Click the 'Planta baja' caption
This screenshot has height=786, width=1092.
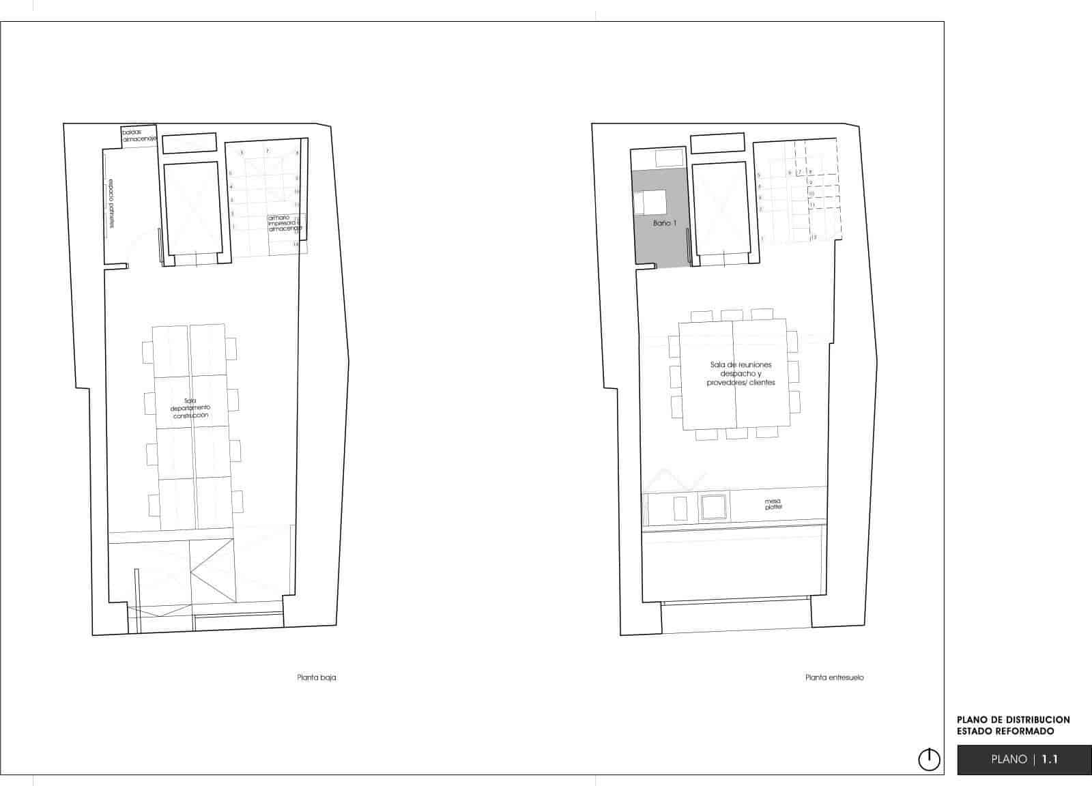coord(317,678)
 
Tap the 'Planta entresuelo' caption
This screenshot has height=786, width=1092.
coord(835,678)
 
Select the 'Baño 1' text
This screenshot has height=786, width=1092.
coord(665,223)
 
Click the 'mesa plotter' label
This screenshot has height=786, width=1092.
coord(773,504)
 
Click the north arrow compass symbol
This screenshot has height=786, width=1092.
coord(929,759)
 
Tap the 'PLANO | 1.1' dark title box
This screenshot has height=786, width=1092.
coord(1024,759)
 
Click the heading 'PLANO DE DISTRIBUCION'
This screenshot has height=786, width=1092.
coord(1014,720)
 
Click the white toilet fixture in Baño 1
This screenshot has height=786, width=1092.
coord(650,203)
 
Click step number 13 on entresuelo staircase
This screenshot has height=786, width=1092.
coord(814,237)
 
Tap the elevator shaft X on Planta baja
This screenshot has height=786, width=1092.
coord(194,208)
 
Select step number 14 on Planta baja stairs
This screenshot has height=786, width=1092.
coord(296,244)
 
